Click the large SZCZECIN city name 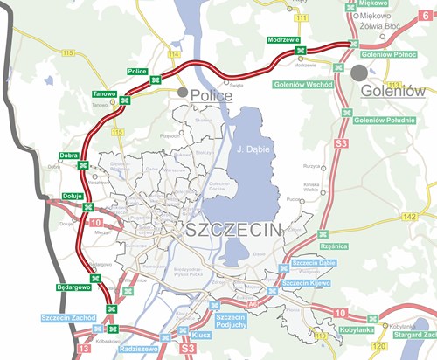click(x=233, y=230)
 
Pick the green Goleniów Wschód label click(x=307, y=84)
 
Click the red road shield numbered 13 click(x=84, y=348)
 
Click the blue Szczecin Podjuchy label click(x=230, y=321)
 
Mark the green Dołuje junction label click(x=73, y=196)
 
